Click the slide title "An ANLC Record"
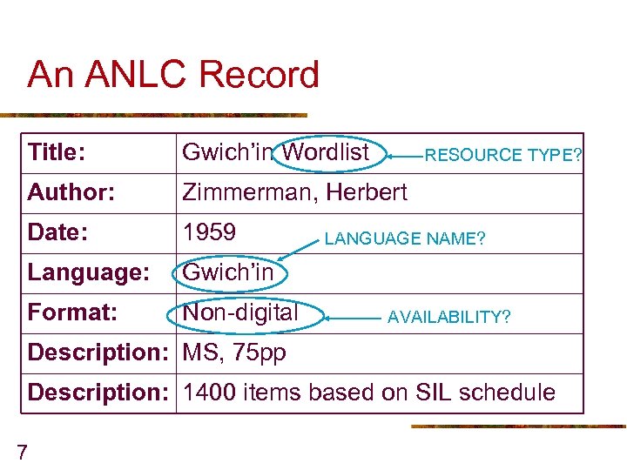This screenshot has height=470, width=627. point(173,75)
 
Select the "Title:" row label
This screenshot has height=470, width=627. point(56,153)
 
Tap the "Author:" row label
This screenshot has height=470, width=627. point(71,192)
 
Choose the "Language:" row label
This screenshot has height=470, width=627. point(88,272)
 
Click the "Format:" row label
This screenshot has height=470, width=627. point(72,312)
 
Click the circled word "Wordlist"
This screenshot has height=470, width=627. point(327,152)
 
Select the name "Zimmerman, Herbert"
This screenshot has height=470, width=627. point(294,192)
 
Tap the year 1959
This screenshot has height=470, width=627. point(209,232)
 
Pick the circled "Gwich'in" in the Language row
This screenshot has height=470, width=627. point(227,272)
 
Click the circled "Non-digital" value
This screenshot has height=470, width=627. point(240,312)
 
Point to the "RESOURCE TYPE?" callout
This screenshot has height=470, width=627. point(503,156)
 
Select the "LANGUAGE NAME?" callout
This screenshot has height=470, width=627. point(405,238)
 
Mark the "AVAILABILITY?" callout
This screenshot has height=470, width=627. point(449,317)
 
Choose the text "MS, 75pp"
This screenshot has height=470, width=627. point(233,352)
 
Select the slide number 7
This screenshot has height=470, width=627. point(22,451)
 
